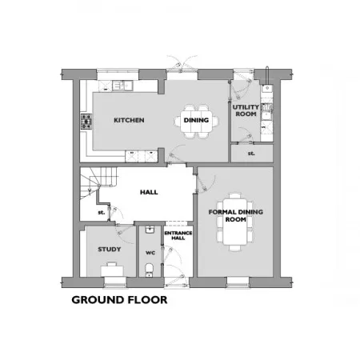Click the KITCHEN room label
click(129, 120)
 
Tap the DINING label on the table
click(196, 120)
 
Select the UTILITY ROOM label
click(246, 110)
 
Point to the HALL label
click(149, 192)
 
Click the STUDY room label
click(110, 250)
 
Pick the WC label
click(150, 253)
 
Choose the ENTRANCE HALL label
click(178, 235)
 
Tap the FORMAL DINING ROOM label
click(236, 215)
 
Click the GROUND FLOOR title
click(119, 300)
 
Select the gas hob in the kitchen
click(86, 122)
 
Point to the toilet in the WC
click(150, 270)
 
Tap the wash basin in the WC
click(150, 230)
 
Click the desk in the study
click(112, 271)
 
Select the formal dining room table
click(235, 222)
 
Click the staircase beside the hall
click(98, 182)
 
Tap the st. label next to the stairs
click(102, 212)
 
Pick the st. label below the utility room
click(251, 154)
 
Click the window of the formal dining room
click(238, 282)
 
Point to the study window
click(115, 282)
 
